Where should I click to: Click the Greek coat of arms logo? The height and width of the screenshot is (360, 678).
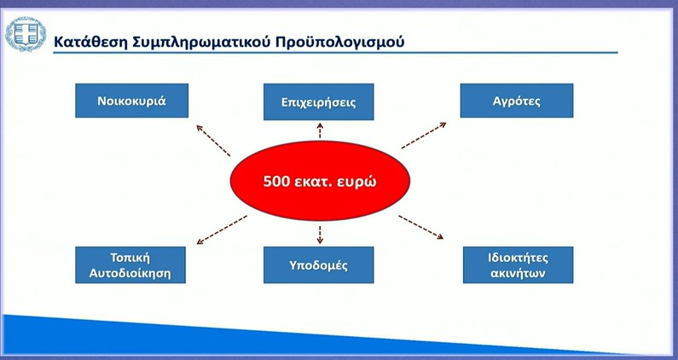pyautogui.click(x=26, y=34)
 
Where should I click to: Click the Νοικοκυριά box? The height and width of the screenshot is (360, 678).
pyautogui.click(x=132, y=101)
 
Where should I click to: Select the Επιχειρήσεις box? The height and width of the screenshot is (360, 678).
pyautogui.click(x=319, y=102)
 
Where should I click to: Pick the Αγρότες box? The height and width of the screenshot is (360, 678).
pyautogui.click(x=517, y=101)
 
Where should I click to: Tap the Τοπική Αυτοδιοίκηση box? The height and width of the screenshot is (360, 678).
pyautogui.click(x=130, y=265)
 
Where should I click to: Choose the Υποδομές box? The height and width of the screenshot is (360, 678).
pyautogui.click(x=319, y=265)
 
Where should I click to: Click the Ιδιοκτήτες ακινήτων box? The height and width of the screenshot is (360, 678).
pyautogui.click(x=518, y=265)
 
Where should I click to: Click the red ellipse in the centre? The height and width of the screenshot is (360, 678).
pyautogui.click(x=320, y=181)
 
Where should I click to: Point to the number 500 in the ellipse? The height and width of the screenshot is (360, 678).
pyautogui.click(x=276, y=181)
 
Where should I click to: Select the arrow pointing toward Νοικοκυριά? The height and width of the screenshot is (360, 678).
pyautogui.click(x=213, y=141)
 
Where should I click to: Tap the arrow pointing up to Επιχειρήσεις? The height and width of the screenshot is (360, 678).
pyautogui.click(x=320, y=131)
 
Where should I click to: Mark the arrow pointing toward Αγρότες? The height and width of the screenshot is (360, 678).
pyautogui.click(x=424, y=136)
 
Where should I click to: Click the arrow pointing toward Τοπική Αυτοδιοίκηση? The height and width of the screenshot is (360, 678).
pyautogui.click(x=222, y=229)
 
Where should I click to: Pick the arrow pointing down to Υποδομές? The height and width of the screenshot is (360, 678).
pyautogui.click(x=320, y=235)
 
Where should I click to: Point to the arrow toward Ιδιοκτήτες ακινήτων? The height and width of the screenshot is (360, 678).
pyautogui.click(x=421, y=227)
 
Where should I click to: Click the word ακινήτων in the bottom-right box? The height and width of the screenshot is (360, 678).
pyautogui.click(x=518, y=274)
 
